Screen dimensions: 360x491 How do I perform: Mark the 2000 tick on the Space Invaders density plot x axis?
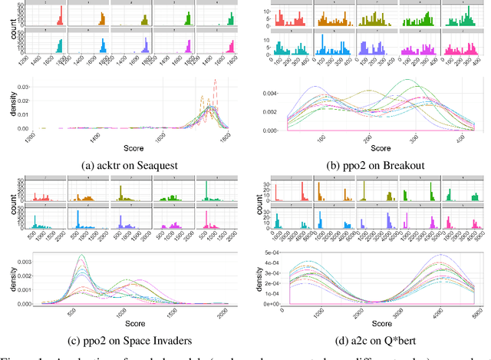pos(222,310)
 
